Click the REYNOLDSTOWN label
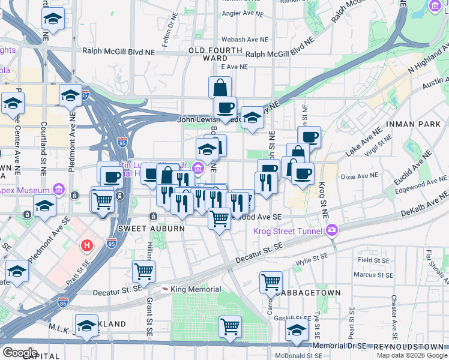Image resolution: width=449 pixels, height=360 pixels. (x=410, y=347)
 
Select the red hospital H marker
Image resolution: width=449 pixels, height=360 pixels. (x=88, y=245)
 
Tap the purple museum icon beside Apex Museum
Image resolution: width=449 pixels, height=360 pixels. (x=58, y=190)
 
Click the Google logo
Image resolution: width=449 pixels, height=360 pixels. (x=19, y=352)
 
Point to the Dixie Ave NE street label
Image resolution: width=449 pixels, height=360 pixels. (x=358, y=176)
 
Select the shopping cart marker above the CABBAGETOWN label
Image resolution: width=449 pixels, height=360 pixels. (x=271, y=281)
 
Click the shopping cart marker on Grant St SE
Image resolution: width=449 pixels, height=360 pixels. (x=144, y=272)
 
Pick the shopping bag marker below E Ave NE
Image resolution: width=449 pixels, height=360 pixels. (x=220, y=87)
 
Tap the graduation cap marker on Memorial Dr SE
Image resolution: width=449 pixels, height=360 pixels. (x=297, y=329)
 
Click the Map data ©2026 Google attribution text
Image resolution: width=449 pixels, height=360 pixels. (x=411, y=355)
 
